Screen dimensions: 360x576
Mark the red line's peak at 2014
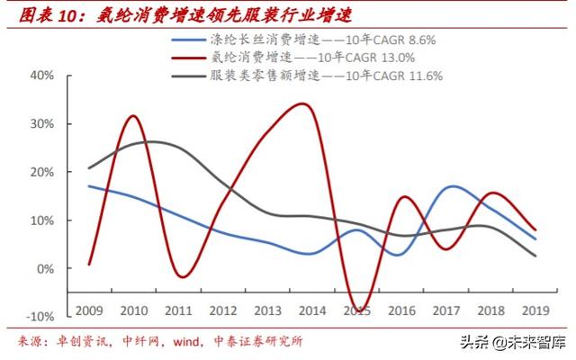[x=303, y=104]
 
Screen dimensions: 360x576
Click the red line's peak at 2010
[x=133, y=116]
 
